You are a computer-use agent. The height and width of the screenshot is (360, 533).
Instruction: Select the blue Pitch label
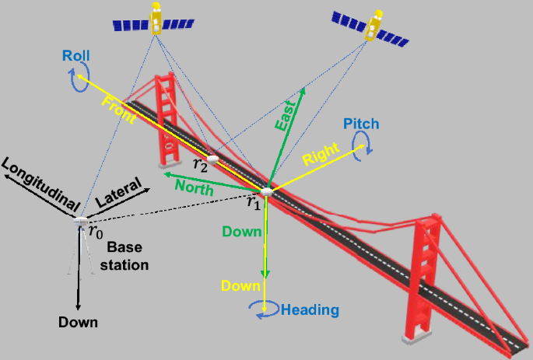(359, 124)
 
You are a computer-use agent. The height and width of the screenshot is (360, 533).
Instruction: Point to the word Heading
(310, 309)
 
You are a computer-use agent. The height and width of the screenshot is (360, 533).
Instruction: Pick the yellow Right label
(321, 156)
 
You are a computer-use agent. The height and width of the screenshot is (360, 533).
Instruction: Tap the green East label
(286, 115)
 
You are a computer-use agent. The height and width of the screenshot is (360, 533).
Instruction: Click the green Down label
(241, 231)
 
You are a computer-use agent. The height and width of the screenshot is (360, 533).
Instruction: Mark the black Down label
(78, 322)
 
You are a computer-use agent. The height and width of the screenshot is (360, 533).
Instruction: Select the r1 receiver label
(253, 202)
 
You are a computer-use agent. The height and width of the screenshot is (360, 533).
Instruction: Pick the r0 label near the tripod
(94, 231)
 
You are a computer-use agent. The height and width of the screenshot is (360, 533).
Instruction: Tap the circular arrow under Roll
(74, 78)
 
